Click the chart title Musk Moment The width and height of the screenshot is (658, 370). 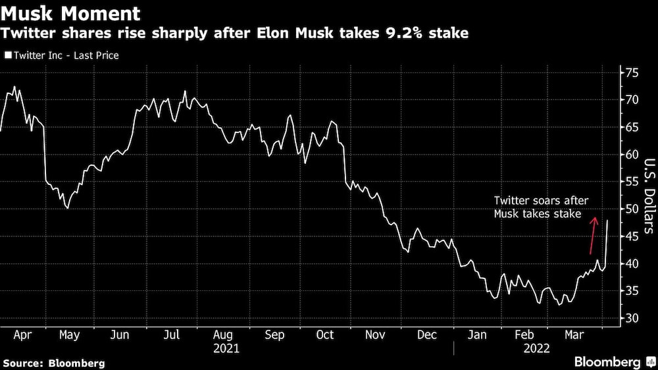(x=70, y=13)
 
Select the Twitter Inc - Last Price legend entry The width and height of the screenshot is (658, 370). (x=62, y=56)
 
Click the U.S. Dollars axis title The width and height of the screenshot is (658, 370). (x=647, y=196)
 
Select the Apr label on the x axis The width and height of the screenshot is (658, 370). (x=22, y=334)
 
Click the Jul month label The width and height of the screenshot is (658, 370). (x=172, y=334)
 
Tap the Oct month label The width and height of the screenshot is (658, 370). (x=324, y=334)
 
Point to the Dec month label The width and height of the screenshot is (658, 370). (x=427, y=334)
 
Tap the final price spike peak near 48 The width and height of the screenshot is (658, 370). (x=607, y=221)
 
